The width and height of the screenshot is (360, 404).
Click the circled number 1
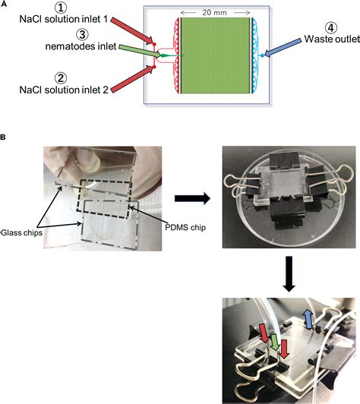tap(61, 8)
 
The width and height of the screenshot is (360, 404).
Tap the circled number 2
tap(61, 78)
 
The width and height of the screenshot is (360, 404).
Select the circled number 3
tap(82, 34)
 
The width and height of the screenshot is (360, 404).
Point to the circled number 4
tap(331, 27)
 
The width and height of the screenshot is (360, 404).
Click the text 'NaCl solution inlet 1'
tap(64, 19)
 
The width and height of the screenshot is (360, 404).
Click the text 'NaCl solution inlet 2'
tap(64, 90)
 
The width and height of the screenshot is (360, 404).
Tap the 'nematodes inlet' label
tap(81, 46)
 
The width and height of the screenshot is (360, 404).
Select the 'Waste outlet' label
tap(332, 39)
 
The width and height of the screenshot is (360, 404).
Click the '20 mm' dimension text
tap(214, 12)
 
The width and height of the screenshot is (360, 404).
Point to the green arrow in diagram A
tap(140, 51)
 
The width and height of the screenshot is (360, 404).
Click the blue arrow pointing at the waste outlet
tap(283, 48)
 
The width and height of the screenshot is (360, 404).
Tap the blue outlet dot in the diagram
tap(262, 55)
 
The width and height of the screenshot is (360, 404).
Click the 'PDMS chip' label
tap(185, 228)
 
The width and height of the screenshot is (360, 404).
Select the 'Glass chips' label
tap(22, 232)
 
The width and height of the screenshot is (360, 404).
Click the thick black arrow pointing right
tap(192, 198)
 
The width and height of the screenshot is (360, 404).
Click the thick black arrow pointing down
tap(289, 274)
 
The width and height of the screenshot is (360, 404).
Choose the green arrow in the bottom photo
tap(275, 342)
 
